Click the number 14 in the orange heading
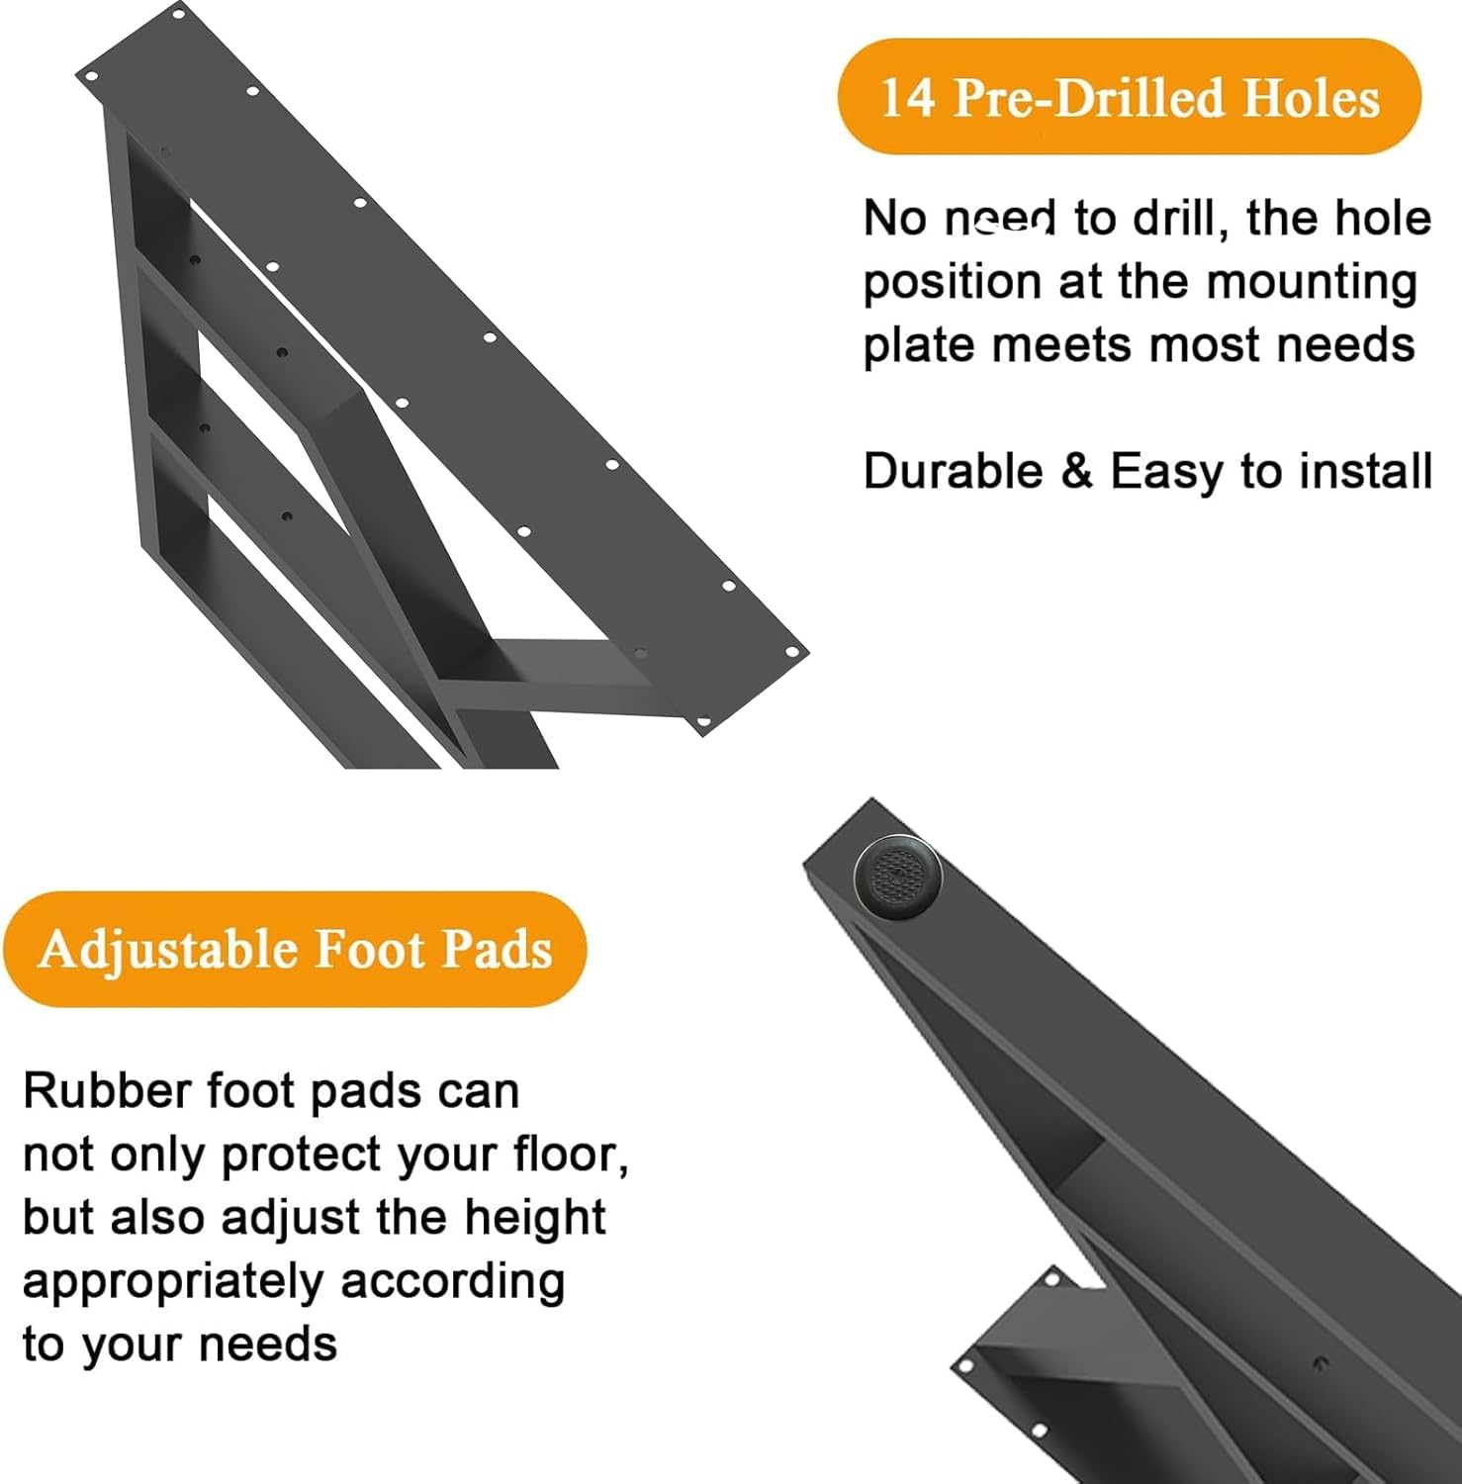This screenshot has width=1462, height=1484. pyautogui.click(x=906, y=98)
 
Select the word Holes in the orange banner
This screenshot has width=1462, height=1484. pyautogui.click(x=1310, y=98)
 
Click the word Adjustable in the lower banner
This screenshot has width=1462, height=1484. pyautogui.click(x=168, y=949)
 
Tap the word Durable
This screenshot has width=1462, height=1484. pyautogui.click(x=953, y=471)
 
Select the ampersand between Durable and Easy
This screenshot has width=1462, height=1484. pyautogui.click(x=1077, y=471)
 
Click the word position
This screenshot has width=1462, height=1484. pyautogui.click(x=952, y=284)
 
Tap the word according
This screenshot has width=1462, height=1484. pyautogui.click(x=452, y=1283)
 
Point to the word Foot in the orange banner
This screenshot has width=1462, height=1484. pyautogui.click(x=369, y=949)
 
